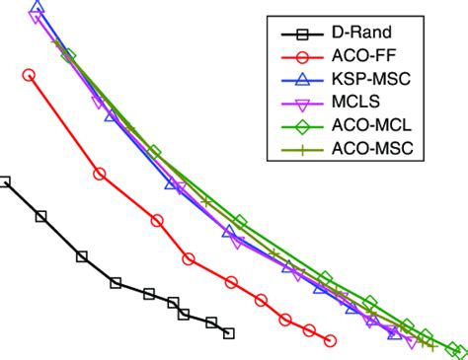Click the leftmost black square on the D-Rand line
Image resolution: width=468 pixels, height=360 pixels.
[5, 181]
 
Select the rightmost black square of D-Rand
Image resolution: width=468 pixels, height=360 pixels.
[229, 333]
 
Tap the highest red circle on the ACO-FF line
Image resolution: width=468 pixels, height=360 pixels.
[29, 75]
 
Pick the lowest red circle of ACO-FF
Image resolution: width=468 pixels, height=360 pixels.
[330, 340]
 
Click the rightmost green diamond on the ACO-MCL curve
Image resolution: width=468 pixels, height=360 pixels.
[456, 350]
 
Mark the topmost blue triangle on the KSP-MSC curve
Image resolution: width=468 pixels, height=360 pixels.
[37, 8]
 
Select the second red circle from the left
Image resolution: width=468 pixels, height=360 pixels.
[99, 174]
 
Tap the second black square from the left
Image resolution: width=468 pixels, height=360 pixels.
[40, 216]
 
